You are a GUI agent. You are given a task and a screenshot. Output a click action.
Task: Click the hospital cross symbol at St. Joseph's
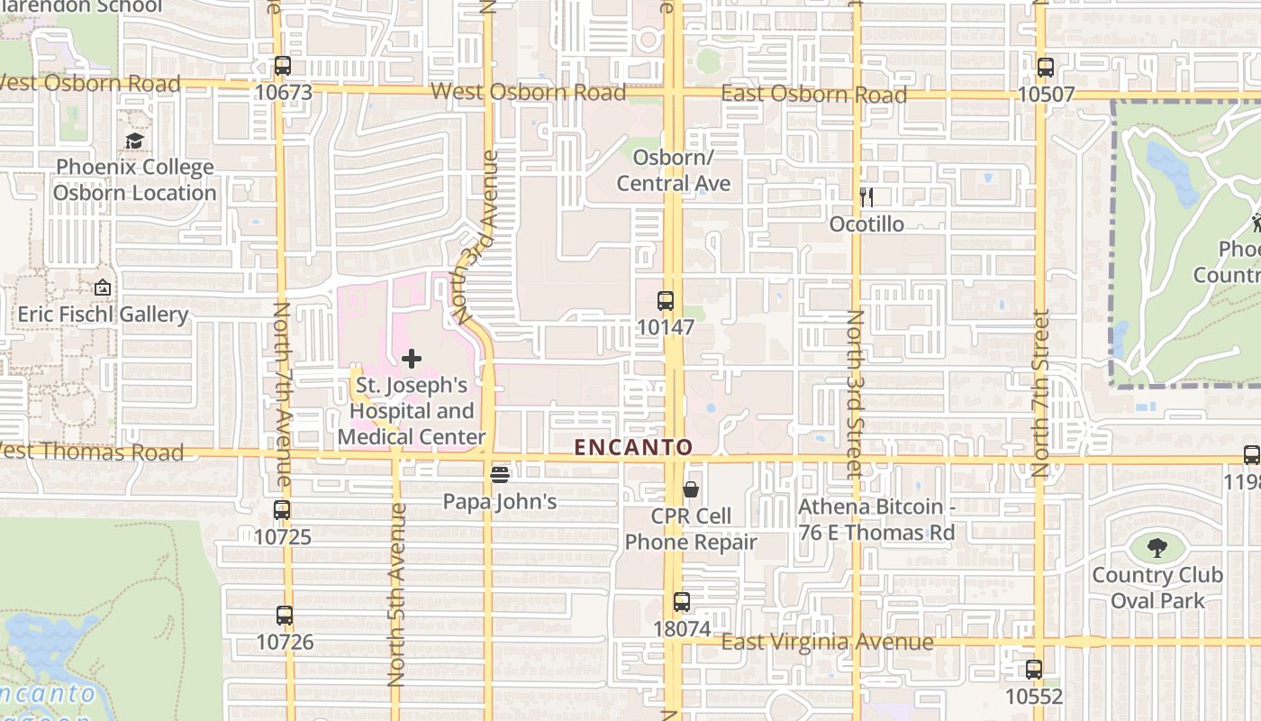coord(412,359)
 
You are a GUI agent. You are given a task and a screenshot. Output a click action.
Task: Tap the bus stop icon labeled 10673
coord(283,66)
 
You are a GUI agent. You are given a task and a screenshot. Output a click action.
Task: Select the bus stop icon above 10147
coord(666,301)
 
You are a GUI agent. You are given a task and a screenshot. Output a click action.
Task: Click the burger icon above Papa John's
coord(500,474)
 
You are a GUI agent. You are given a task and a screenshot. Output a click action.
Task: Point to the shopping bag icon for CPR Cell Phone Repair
coord(690,489)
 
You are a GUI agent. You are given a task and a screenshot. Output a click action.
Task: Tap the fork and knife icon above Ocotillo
coord(866,196)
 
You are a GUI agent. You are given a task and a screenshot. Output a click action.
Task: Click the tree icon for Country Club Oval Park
coord(1157,547)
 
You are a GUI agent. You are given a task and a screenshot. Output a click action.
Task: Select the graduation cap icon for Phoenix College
coord(134,141)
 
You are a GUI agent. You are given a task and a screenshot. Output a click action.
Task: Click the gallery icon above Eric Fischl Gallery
coord(103,288)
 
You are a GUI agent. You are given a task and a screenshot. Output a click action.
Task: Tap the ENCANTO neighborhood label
coord(634,447)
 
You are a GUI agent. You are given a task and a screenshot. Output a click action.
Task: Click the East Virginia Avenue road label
coord(827,642)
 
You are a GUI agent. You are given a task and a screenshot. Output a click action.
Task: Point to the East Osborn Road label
coord(814,95)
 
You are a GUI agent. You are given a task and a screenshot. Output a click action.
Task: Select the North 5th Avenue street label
coord(397,595)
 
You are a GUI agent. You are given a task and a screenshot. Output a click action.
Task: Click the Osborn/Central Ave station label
coord(674,170)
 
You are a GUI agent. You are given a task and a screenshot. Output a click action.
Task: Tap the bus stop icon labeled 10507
coord(1045,68)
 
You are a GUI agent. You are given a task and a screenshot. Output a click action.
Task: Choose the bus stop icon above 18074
coord(682,602)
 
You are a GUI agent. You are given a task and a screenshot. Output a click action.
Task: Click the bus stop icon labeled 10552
coord(1034,670)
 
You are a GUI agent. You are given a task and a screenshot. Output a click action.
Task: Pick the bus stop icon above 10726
coord(285,616)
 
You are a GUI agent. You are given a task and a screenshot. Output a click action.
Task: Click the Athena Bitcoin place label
coord(875,520)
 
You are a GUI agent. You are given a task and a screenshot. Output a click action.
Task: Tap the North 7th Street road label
coord(1041,393)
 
